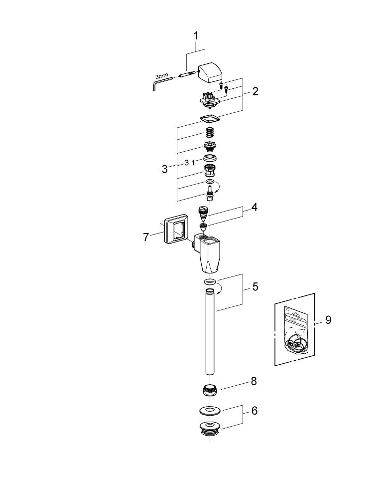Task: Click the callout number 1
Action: [x=196, y=36]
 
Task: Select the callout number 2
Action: [x=255, y=91]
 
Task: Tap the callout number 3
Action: [x=165, y=169]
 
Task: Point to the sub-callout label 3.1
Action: [x=190, y=163]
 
